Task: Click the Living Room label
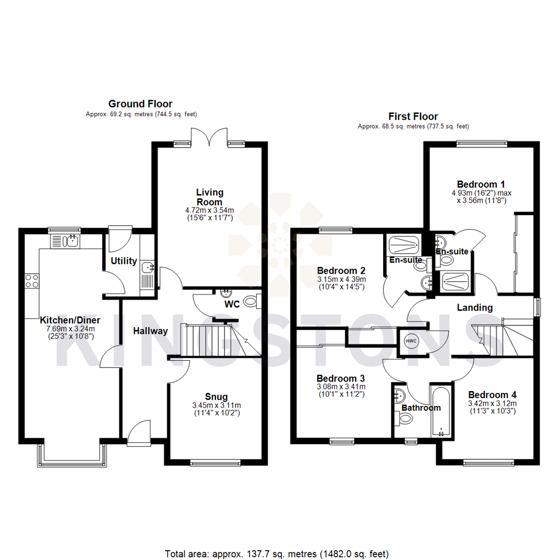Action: tap(209, 198)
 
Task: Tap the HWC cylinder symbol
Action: tap(411, 341)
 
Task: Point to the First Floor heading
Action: tap(413, 117)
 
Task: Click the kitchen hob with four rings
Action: tap(31, 281)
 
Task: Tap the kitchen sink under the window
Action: tap(64, 241)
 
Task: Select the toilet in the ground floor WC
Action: tap(253, 300)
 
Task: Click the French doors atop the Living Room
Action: tap(209, 137)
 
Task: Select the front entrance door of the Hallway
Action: tap(139, 435)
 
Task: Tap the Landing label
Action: tap(474, 307)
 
